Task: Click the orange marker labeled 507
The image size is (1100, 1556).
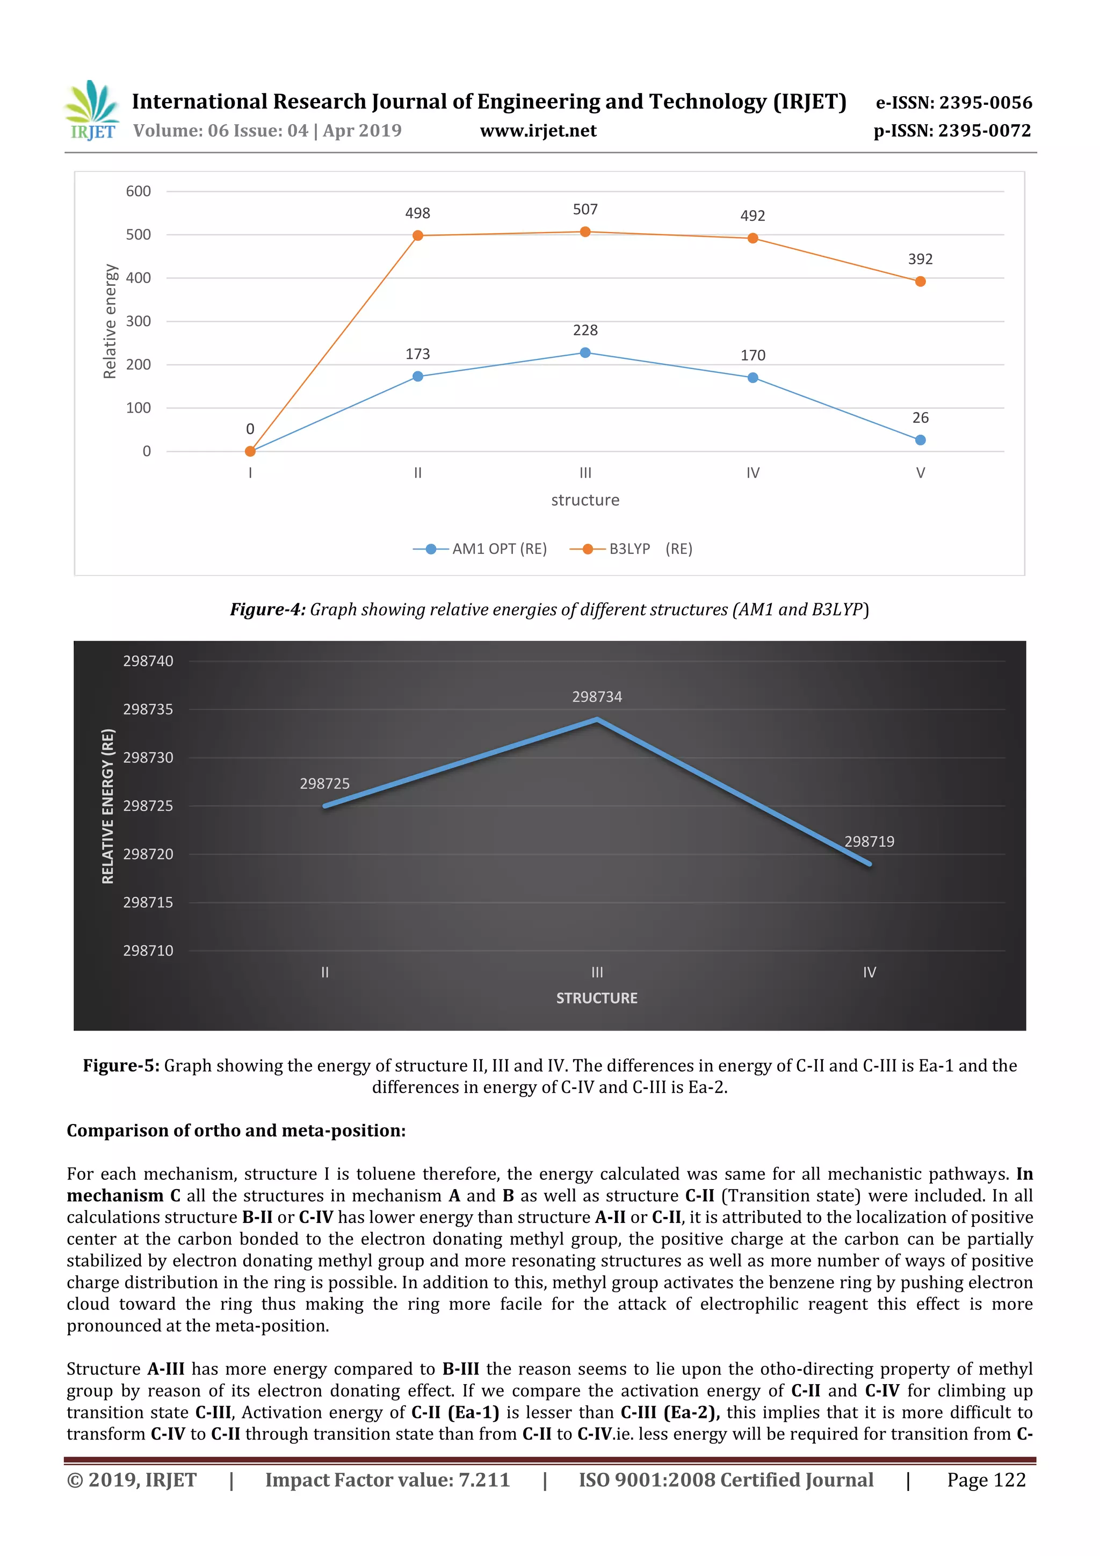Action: pyautogui.click(x=585, y=232)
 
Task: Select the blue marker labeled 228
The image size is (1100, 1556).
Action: pyautogui.click(x=585, y=352)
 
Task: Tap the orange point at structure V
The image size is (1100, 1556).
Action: pyautogui.click(x=920, y=281)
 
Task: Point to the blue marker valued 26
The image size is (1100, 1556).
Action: pyautogui.click(x=920, y=440)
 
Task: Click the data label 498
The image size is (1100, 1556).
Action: pyautogui.click(x=417, y=213)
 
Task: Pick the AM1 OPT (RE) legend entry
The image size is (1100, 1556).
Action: pyautogui.click(x=480, y=549)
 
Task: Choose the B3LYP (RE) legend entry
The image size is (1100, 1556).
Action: pyautogui.click(x=631, y=549)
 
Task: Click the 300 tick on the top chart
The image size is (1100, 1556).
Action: pyautogui.click(x=138, y=321)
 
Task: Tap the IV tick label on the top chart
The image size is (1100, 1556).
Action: pyautogui.click(x=752, y=473)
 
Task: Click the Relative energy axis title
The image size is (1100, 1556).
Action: pyautogui.click(x=110, y=321)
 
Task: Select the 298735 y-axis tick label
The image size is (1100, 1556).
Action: pyautogui.click(x=148, y=710)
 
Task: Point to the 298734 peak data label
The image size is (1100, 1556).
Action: pyautogui.click(x=597, y=697)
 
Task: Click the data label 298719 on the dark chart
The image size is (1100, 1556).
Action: pyautogui.click(x=869, y=842)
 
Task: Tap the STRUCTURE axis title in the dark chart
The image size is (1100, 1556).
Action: pyautogui.click(x=597, y=998)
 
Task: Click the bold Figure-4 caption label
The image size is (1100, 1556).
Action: pyautogui.click(x=268, y=609)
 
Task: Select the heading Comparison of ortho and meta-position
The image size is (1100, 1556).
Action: pyautogui.click(x=236, y=1130)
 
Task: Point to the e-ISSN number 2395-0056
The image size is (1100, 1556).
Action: pyautogui.click(x=986, y=102)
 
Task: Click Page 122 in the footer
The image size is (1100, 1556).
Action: pyautogui.click(x=986, y=1480)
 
